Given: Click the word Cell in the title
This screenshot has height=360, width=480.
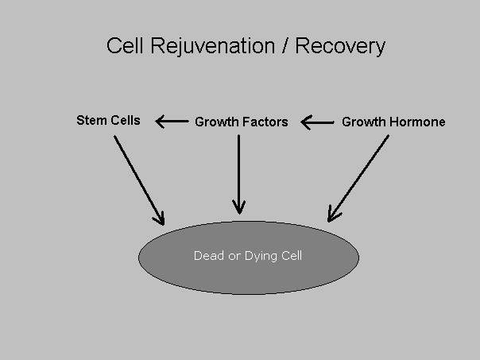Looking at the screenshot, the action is (125, 45).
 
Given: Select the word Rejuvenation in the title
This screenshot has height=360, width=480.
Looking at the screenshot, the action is (212, 47).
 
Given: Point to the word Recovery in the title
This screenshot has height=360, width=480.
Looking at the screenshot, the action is (340, 47).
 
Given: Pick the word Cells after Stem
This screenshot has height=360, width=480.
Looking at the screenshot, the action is (126, 120).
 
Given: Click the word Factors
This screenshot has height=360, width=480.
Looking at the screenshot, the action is (267, 122).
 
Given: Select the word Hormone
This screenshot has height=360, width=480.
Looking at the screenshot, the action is (417, 122).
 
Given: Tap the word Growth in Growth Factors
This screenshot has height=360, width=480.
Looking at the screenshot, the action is (219, 122).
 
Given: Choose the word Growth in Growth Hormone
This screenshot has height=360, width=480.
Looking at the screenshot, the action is (364, 122).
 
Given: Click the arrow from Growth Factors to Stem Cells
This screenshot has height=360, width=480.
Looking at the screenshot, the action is (172, 122).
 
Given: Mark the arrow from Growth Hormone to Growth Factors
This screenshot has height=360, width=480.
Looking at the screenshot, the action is (317, 122).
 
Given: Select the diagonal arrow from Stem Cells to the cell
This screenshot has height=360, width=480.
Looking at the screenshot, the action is (139, 180).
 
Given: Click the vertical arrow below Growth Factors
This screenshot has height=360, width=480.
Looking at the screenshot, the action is (238, 175).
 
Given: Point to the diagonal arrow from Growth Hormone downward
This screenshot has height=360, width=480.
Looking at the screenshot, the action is (358, 179).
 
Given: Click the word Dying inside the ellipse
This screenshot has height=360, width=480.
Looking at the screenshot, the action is (261, 257).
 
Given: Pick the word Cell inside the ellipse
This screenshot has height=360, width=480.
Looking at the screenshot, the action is (292, 256).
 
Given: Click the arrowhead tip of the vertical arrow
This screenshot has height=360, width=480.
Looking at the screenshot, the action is (239, 215).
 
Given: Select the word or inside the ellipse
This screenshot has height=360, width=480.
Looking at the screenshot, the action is (234, 257).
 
